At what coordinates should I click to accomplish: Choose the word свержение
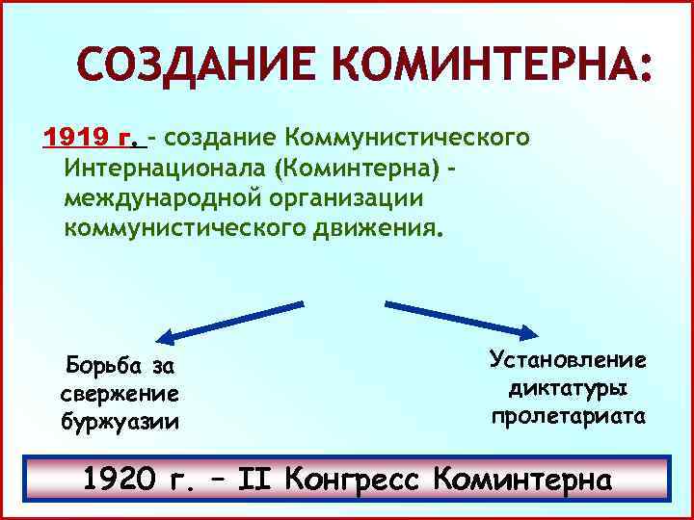pyautogui.click(x=120, y=395)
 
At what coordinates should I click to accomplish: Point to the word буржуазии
pyautogui.click(x=120, y=423)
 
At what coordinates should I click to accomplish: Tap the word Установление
pyautogui.click(x=568, y=360)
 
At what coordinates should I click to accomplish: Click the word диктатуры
pyautogui.click(x=568, y=389)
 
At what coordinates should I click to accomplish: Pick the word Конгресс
pyautogui.click(x=372, y=479)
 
